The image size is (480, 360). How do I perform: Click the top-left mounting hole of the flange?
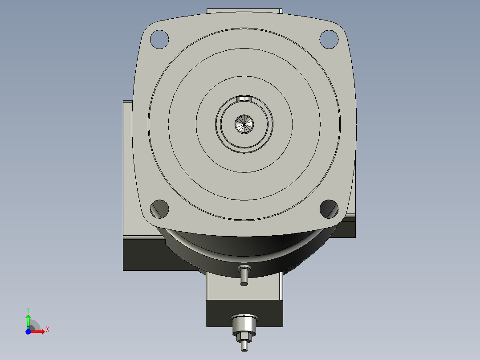click(x=159, y=39)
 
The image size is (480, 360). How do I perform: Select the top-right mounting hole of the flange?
click(x=329, y=39)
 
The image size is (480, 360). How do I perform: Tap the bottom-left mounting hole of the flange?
click(x=159, y=208)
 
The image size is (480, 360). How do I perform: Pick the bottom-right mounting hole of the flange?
click(x=329, y=209)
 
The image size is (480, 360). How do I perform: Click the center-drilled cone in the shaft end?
click(x=244, y=124)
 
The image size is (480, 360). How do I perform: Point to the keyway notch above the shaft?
click(x=244, y=98)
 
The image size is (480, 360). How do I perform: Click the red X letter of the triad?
click(x=48, y=330)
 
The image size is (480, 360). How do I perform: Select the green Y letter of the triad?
click(x=28, y=309)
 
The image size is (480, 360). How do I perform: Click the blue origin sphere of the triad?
click(x=28, y=331)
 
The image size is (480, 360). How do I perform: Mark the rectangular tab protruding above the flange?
click(x=244, y=11)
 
